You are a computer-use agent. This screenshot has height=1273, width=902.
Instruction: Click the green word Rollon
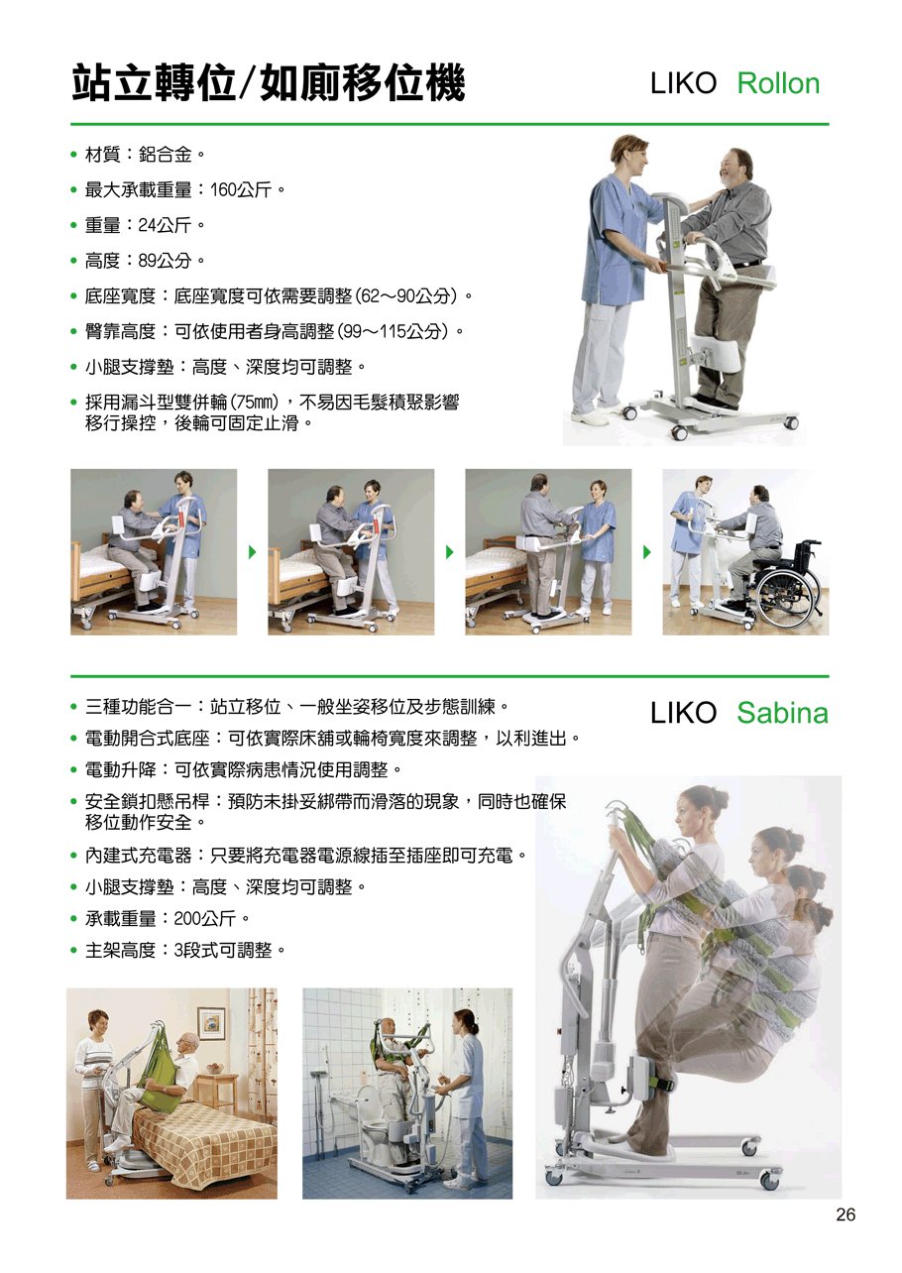pos(778,84)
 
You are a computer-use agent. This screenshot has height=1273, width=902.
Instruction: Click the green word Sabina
pos(782,713)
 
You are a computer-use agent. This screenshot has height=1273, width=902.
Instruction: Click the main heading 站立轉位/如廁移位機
pos(268,83)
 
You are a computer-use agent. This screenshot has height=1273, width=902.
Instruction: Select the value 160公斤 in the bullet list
pos(241,189)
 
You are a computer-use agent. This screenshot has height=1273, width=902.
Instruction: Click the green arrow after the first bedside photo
pos(252,552)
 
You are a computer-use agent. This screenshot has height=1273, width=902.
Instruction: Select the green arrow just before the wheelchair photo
pos(647,552)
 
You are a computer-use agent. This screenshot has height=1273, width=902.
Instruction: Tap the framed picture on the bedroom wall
pos(211,1023)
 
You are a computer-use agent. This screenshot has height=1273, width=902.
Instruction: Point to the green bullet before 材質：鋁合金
pos(73,155)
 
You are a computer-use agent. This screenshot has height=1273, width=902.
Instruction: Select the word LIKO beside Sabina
pos(683,713)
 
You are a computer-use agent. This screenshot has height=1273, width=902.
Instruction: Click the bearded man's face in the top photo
pos(732,168)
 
